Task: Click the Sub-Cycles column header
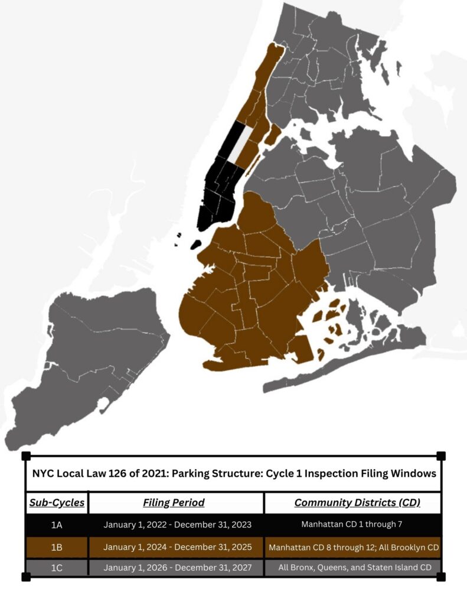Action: [57, 503]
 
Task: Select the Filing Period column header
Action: [174, 503]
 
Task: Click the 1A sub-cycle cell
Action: [57, 525]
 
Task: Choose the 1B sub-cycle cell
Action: [57, 547]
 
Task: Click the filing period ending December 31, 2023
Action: [175, 525]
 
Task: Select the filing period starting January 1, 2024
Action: [175, 547]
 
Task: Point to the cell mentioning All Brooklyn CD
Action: [354, 547]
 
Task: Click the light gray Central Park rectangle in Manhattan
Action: [237, 144]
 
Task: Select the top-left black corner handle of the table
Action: [25, 456]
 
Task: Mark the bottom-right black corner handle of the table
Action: [440, 577]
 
